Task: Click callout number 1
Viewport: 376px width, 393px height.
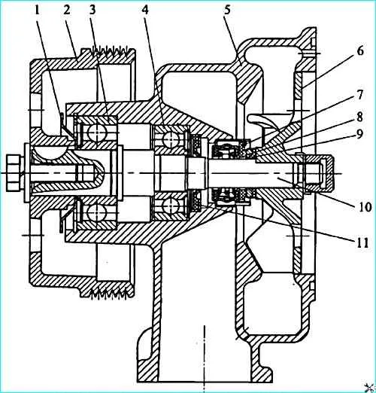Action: click(x=37, y=11)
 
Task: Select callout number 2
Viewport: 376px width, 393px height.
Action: click(x=67, y=10)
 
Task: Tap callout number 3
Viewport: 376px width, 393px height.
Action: click(x=92, y=10)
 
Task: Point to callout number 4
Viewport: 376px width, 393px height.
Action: click(x=145, y=10)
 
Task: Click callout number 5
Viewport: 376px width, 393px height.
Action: click(x=227, y=10)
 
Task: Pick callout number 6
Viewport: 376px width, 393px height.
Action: click(x=360, y=50)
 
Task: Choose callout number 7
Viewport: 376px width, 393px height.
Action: click(x=360, y=95)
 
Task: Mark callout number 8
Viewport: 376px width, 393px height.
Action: click(x=360, y=117)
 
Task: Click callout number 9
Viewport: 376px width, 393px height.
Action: click(x=360, y=134)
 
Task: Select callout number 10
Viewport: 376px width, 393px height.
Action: click(x=362, y=207)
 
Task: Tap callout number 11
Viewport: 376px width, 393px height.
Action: click(x=362, y=242)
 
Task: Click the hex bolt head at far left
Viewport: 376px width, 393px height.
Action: click(x=14, y=173)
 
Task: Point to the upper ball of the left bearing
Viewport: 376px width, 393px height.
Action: click(x=96, y=130)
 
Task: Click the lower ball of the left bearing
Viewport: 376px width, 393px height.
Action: click(x=96, y=212)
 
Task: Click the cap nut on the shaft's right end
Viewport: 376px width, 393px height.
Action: click(x=318, y=173)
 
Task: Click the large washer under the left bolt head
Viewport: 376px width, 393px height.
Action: click(x=26, y=173)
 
